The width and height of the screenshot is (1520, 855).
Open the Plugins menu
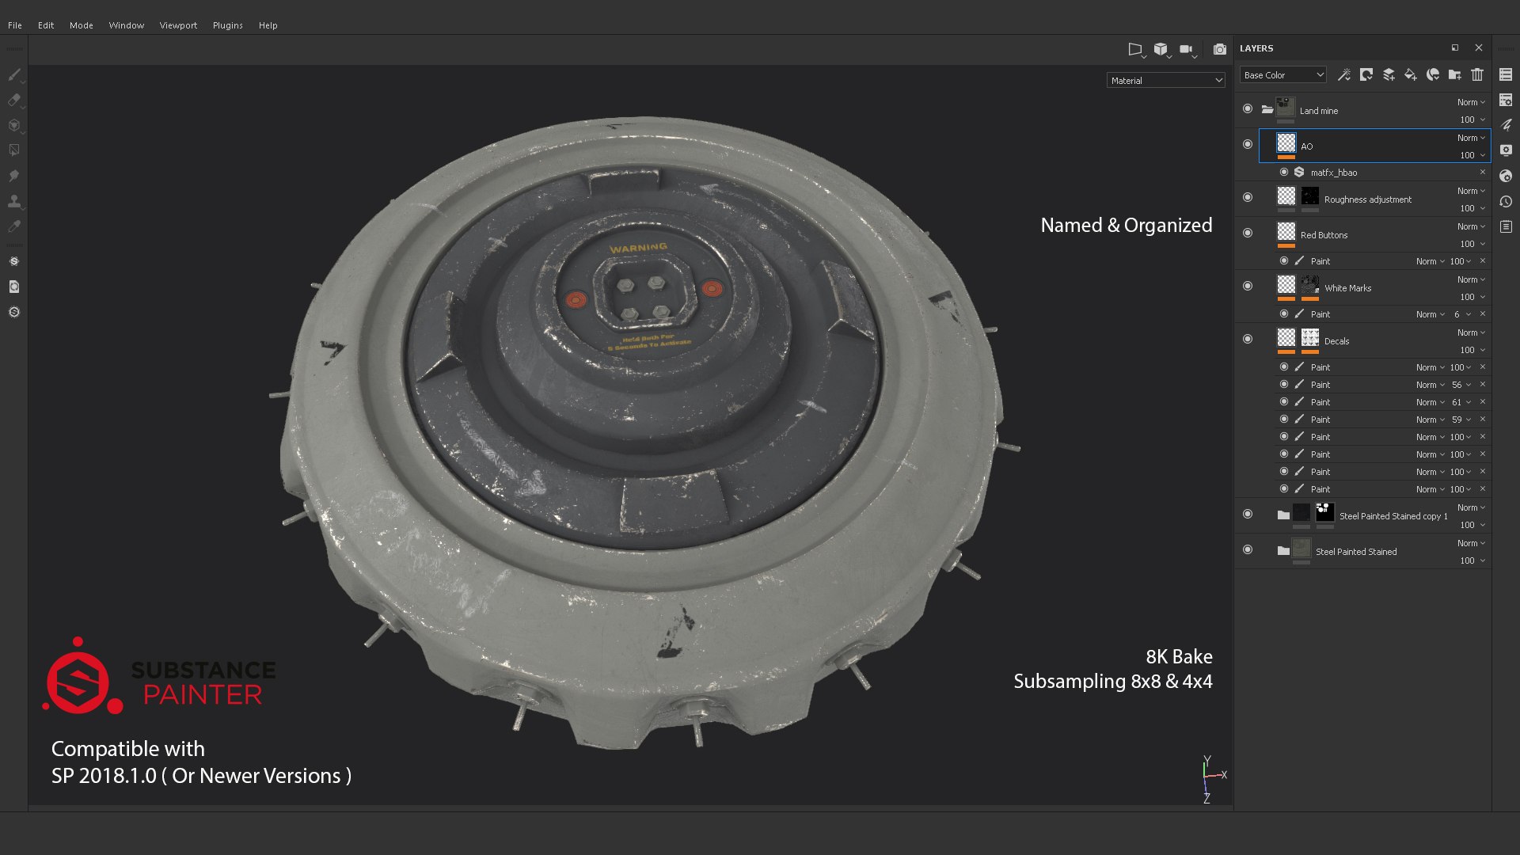(227, 25)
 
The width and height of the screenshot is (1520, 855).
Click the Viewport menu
(178, 25)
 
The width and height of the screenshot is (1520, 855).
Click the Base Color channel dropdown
(1282, 75)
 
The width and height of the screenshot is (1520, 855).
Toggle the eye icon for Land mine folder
(1248, 109)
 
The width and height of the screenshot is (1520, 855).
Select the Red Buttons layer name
(1324, 235)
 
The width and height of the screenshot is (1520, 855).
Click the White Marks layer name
(1347, 288)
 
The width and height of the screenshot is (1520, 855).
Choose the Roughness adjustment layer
(1367, 199)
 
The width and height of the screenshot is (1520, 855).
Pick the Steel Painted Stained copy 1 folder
(1393, 516)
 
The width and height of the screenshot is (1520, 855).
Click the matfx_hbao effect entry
(1334, 173)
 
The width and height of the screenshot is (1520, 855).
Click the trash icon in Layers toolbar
(1477, 74)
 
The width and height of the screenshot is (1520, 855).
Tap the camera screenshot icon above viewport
(1220, 49)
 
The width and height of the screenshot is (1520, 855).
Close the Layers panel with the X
(1479, 47)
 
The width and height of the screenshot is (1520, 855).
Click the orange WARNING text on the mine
(638, 248)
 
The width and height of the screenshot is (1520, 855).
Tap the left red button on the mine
(576, 300)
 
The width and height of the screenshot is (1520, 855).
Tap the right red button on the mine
(712, 288)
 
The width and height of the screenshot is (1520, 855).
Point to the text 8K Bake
(1179, 656)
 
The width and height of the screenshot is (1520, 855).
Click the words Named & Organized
(1126, 226)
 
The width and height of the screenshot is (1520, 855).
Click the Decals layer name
(1336, 341)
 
